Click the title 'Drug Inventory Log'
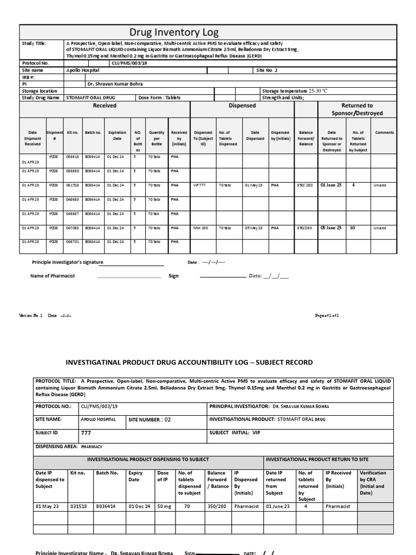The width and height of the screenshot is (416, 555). pyautogui.click(x=174, y=33)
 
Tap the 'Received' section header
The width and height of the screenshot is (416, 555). pyautogui.click(x=105, y=106)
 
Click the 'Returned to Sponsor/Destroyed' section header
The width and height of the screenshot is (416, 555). pyautogui.click(x=357, y=109)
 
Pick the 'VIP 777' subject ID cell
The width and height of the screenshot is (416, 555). pyautogui.click(x=200, y=185)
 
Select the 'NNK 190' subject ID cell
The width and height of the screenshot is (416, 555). pyautogui.click(x=201, y=228)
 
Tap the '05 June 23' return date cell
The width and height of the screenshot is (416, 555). pyautogui.click(x=331, y=228)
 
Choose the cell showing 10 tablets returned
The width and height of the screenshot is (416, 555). pyautogui.click(x=353, y=228)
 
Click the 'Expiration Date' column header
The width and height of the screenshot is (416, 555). pyautogui.click(x=117, y=135)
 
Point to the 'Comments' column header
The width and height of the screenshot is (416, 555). pyautogui.click(x=385, y=132)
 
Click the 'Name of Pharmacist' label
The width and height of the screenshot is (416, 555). pyautogui.click(x=53, y=276)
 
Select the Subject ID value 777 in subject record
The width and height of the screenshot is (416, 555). pyautogui.click(x=86, y=433)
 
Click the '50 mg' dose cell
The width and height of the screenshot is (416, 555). pyautogui.click(x=163, y=506)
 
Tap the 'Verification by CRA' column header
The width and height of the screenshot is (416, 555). pyautogui.click(x=373, y=483)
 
